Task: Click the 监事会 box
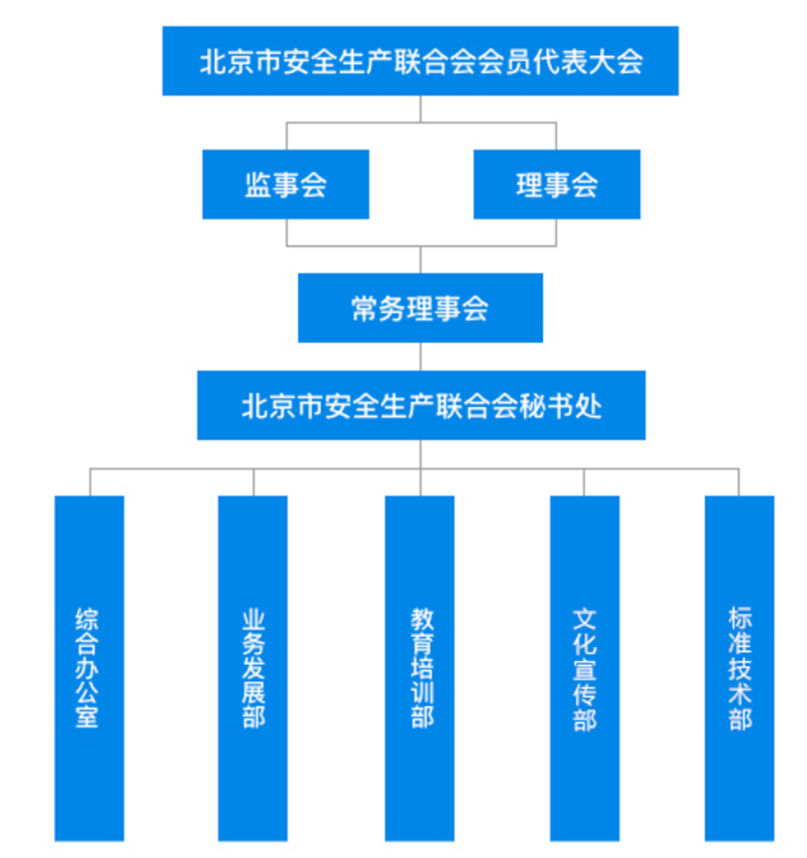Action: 286,184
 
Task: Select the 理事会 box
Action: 556,184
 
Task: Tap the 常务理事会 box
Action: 420,307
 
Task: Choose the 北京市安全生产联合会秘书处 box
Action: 421,405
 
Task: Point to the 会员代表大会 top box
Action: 420,61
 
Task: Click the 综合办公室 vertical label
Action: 87,667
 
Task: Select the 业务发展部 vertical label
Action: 253,669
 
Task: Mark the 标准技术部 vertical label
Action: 739,668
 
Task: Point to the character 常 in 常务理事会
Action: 365,308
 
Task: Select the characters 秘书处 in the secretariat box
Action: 560,406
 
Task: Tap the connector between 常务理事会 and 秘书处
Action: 420,356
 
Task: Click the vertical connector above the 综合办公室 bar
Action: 90,482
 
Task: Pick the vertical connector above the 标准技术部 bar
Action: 739,482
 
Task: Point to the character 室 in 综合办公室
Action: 87,716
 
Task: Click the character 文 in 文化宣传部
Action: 584,619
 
